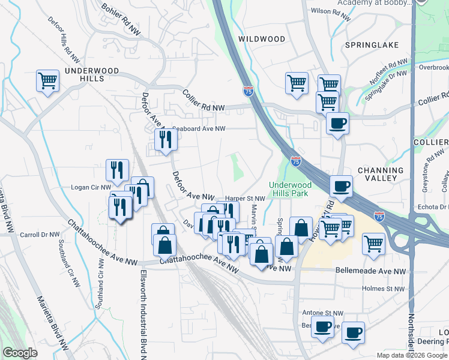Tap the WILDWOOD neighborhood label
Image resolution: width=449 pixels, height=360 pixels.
(262, 39)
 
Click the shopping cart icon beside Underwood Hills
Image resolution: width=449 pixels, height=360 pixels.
(47, 80)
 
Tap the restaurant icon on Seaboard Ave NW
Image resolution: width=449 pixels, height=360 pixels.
(164, 140)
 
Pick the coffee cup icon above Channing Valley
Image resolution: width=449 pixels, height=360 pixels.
(341, 186)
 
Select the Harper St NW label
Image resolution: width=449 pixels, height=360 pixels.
(245, 199)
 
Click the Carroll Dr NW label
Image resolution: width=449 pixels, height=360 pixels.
(40, 235)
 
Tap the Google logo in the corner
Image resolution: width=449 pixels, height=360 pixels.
(20, 353)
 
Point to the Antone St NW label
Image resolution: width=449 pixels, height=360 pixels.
(322, 313)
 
